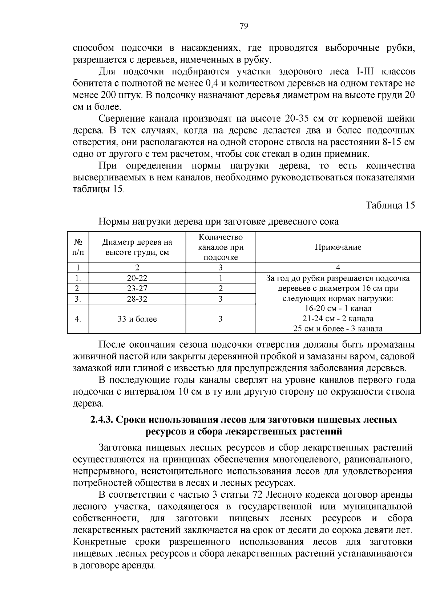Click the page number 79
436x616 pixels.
pyautogui.click(x=244, y=26)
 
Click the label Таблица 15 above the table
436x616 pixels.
pyautogui.click(x=390, y=205)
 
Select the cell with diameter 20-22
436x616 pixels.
pyautogui.click(x=137, y=278)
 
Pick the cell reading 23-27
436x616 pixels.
pyautogui.click(x=137, y=289)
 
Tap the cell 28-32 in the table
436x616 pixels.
pyautogui.click(x=137, y=299)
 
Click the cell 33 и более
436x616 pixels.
pyautogui.click(x=137, y=319)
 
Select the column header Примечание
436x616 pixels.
pyautogui.click(x=338, y=247)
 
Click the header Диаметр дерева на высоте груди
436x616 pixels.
pyautogui.click(x=137, y=247)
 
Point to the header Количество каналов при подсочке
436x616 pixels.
pyautogui.click(x=221, y=247)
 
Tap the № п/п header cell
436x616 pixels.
pyautogui.click(x=78, y=247)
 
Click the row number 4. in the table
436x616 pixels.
pyautogui.click(x=77, y=319)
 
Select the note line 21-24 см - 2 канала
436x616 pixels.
pyautogui.click(x=338, y=319)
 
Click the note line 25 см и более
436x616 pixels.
pyautogui.click(x=338, y=329)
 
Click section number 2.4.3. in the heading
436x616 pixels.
pyautogui.click(x=102, y=420)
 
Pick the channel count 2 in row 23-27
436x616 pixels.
pyautogui.click(x=221, y=289)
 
